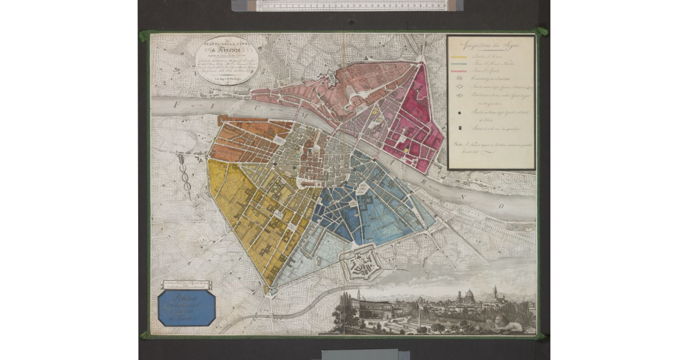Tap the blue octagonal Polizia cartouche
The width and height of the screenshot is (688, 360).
point(186,307)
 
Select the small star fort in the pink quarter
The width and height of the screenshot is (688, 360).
point(332,80)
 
